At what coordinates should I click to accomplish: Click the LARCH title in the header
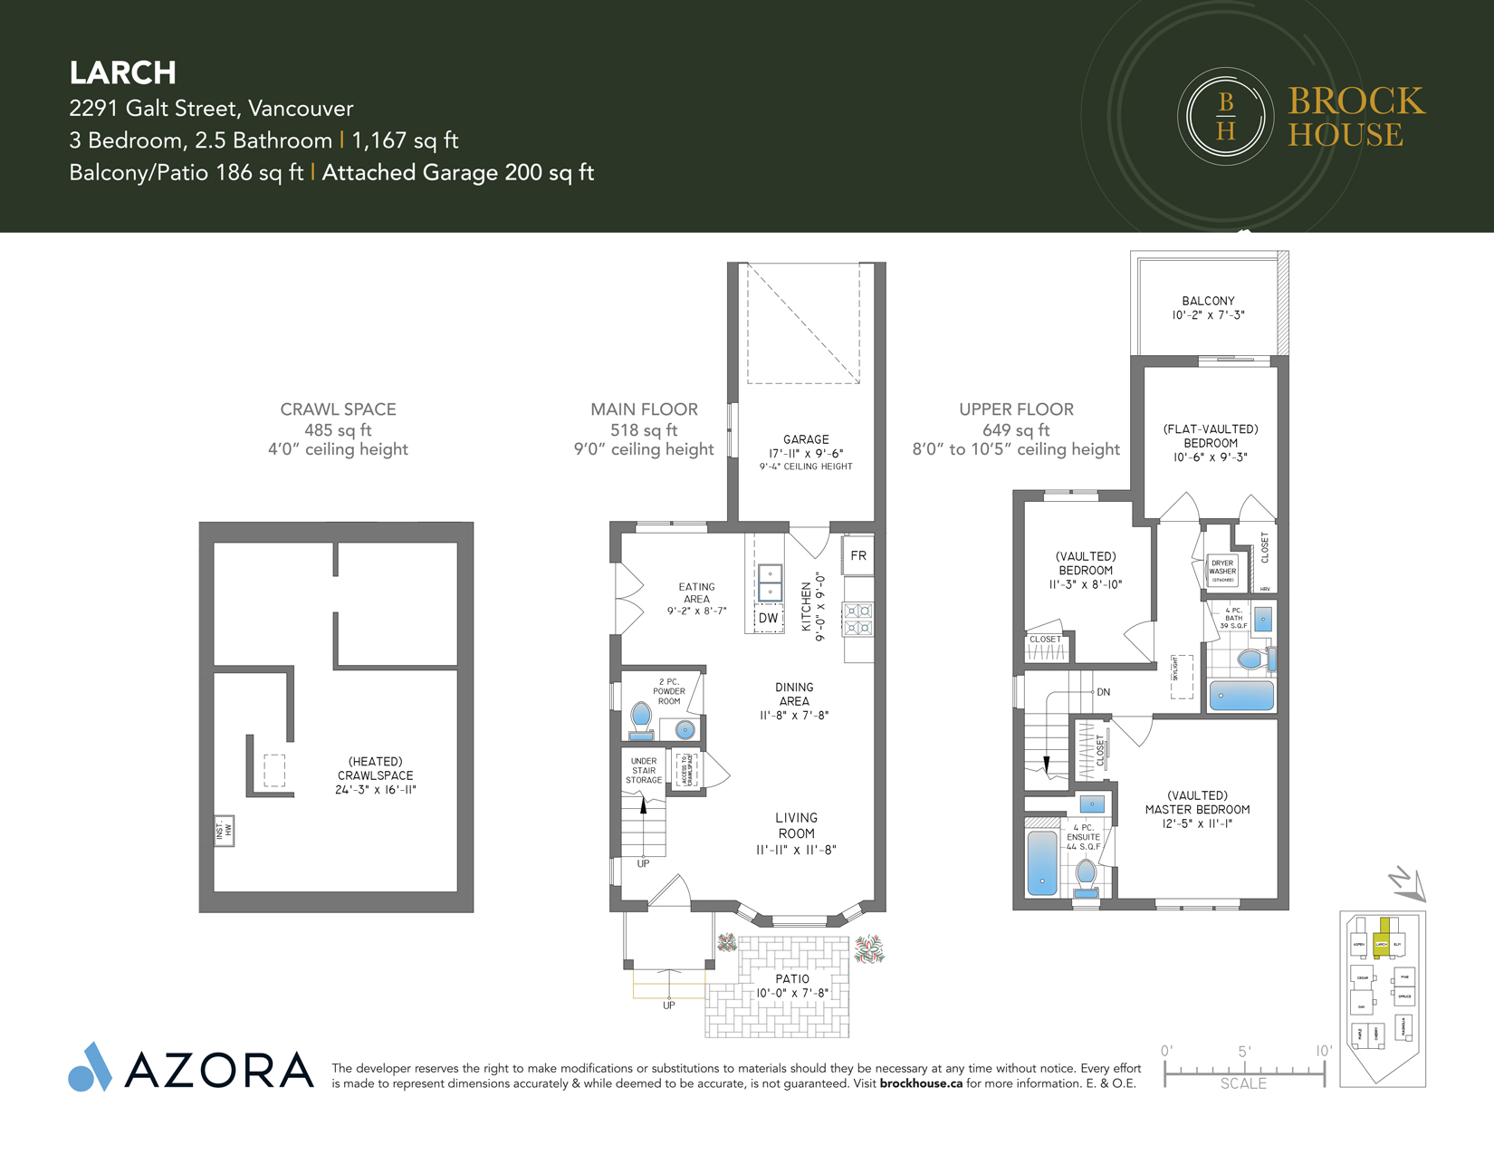[x=122, y=72]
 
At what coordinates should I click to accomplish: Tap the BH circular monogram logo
[x=1225, y=116]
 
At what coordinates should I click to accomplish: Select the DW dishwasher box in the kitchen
[x=768, y=618]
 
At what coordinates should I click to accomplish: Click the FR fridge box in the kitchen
[x=857, y=555]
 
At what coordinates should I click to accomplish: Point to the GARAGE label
[x=806, y=439]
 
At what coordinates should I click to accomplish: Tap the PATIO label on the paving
[x=792, y=979]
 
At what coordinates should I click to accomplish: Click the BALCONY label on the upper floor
[x=1208, y=301]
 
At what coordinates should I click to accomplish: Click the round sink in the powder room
[x=685, y=729]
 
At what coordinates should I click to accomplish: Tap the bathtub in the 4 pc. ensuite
[x=1042, y=861]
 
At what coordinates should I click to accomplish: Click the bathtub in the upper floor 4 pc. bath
[x=1241, y=695]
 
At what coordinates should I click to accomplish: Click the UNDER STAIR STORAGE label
[x=644, y=771]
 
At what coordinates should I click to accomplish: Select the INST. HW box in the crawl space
[x=224, y=830]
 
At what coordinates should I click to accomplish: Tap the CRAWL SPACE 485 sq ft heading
[x=338, y=419]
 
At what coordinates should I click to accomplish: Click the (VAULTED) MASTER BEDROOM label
[x=1197, y=809]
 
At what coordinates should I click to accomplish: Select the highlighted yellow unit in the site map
[x=1382, y=935]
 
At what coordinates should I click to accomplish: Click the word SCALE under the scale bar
[x=1243, y=1083]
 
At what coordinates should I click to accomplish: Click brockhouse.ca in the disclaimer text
[x=921, y=1083]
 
